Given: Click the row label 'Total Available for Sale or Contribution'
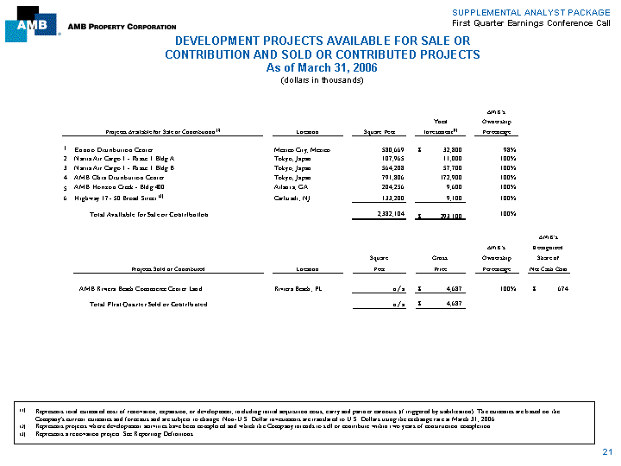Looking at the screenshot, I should pyautogui.click(x=149, y=214).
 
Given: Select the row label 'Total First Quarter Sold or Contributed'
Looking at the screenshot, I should pyautogui.click(x=148, y=305).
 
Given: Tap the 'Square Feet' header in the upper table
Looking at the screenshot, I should pyautogui.click(x=373, y=132).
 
